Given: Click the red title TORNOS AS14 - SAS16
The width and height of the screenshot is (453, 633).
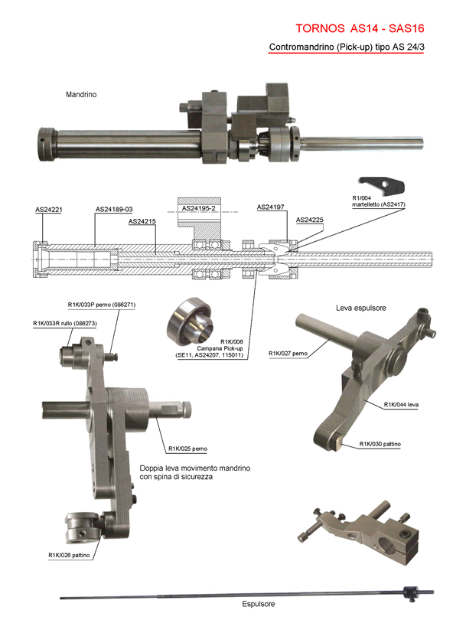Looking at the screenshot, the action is (360, 28).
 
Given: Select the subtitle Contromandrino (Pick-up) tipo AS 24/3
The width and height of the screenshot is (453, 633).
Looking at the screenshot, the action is (347, 47).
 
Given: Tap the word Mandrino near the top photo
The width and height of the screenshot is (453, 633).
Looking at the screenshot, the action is (81, 94).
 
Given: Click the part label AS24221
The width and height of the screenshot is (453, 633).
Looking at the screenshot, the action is (49, 210).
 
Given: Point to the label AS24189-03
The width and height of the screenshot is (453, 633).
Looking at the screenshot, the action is (114, 209).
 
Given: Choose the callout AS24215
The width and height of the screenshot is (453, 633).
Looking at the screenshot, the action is (142, 221).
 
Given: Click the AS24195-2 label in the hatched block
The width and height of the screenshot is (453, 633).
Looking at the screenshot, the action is (199, 208).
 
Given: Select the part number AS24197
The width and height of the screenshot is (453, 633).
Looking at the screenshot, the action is (271, 207).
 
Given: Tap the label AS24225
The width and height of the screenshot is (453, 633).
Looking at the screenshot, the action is (310, 220).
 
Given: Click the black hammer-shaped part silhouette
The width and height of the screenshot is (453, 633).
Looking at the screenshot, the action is (381, 185).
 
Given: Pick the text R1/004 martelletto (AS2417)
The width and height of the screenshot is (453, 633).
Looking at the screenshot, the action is (378, 201).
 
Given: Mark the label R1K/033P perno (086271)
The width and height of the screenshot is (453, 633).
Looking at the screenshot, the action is (101, 305).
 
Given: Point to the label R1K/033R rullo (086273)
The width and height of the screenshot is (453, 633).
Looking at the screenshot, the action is (64, 323).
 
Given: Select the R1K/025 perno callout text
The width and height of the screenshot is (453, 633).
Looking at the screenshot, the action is (187, 449).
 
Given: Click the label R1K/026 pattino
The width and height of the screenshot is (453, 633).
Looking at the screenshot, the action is (69, 555).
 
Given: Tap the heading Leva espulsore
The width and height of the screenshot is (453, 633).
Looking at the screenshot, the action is (361, 308).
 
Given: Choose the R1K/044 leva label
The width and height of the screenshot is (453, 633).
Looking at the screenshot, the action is (401, 404).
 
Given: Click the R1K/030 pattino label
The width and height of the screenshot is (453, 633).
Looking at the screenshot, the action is (380, 444).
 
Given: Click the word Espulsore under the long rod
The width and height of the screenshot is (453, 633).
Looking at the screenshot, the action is (259, 604).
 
